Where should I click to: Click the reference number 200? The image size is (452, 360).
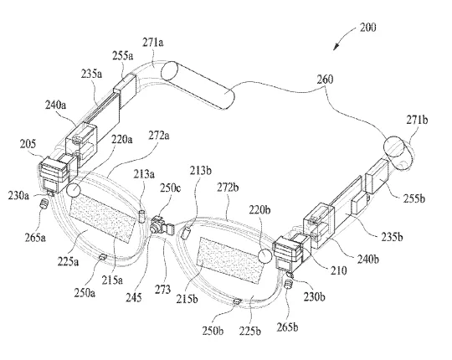367,28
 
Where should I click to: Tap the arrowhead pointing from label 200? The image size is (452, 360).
336,47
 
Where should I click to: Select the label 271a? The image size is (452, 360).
153,43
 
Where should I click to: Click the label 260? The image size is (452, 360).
325,80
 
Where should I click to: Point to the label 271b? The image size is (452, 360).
417,120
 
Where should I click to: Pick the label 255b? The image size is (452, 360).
414,198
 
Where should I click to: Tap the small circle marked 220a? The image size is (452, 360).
73,190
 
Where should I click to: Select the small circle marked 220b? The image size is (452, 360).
265,255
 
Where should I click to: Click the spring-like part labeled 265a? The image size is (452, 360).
44,204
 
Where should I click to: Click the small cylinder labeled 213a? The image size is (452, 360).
142,217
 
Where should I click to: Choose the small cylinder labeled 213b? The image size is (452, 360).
185,233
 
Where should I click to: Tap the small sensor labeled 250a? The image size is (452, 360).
103,257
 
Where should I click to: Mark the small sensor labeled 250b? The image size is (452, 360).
237,301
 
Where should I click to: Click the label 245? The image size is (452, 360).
134,297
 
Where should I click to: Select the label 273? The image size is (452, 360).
163,289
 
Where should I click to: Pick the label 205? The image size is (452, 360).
28,143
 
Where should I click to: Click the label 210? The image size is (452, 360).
339,270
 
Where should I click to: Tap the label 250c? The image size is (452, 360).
171,188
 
